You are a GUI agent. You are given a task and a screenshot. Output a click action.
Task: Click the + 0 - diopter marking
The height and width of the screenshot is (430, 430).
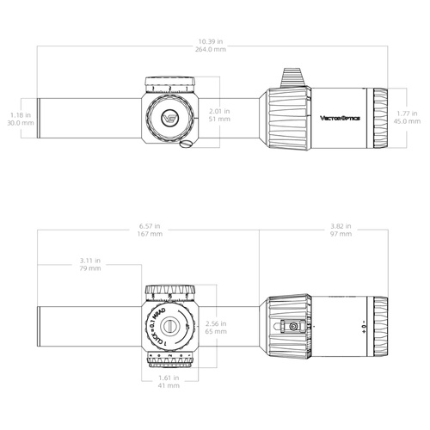coord(365,327)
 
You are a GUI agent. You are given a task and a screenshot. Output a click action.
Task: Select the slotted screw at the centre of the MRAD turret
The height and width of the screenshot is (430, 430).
coord(175,327)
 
